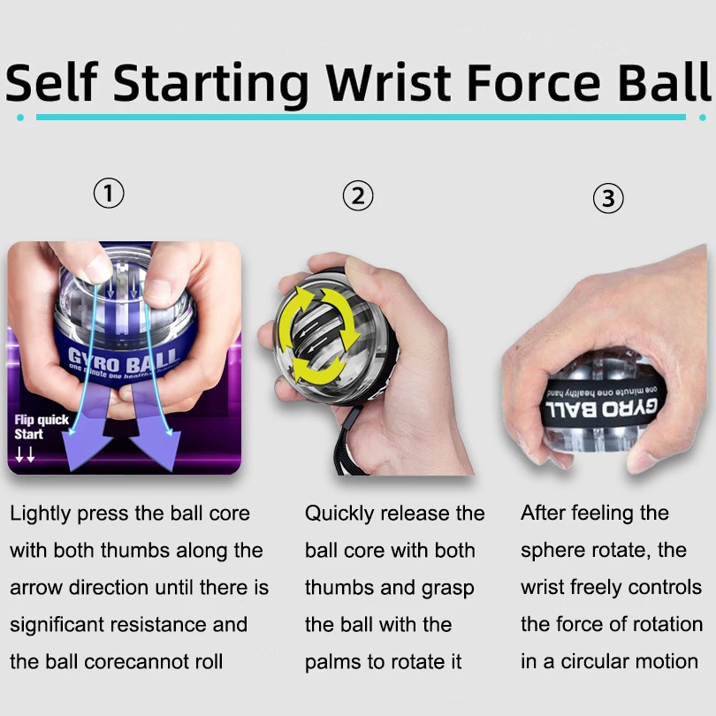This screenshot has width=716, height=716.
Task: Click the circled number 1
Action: (x=109, y=194)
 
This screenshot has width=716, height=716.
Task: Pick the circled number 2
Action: (x=358, y=195)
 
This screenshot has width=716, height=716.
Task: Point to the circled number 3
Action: (x=607, y=199)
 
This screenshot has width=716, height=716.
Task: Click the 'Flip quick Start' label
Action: (x=41, y=427)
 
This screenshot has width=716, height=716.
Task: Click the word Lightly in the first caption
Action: (x=41, y=514)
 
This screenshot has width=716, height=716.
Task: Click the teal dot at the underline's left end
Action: (x=20, y=117)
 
